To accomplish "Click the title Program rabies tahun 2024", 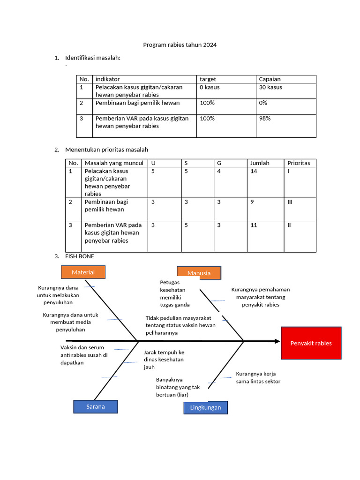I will click(x=180, y=45).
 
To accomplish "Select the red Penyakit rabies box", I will click(x=311, y=343).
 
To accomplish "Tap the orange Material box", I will click(x=83, y=272).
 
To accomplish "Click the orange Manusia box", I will click(x=199, y=273).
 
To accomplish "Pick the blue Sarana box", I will click(x=96, y=406).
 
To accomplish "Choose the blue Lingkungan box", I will click(x=205, y=408).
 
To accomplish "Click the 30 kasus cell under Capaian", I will click(x=270, y=87).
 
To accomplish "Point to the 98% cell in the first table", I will click(x=265, y=119).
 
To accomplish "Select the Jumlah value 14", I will click(x=254, y=172).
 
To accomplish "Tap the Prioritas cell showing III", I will click(x=290, y=202).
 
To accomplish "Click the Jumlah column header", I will click(x=260, y=163).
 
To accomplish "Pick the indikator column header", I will click(x=108, y=79).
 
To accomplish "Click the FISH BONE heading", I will click(x=80, y=256).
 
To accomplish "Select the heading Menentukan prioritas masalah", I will click(x=107, y=150).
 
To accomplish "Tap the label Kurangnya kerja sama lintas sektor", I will click(x=258, y=377).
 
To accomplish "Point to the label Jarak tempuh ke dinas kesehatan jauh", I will click(x=164, y=360).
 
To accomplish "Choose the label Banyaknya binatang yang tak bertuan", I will click(x=178, y=387).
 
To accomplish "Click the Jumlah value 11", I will click(x=254, y=225).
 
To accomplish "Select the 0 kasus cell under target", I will click(x=210, y=87).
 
